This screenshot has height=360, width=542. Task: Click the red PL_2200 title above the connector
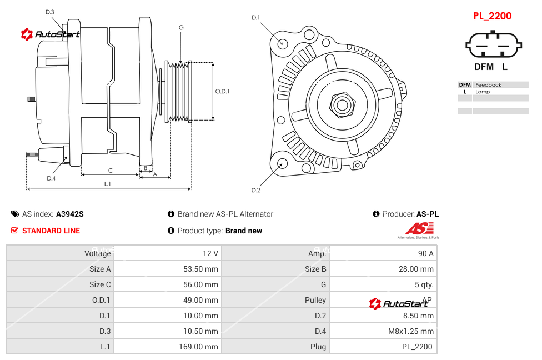(492, 16)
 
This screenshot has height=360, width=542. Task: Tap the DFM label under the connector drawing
(483, 67)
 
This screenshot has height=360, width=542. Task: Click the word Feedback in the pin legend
(488, 85)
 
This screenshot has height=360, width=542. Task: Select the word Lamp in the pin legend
(483, 92)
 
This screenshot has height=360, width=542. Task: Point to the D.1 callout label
(255, 18)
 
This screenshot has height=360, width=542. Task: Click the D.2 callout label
(255, 191)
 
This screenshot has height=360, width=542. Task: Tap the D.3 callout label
(49, 12)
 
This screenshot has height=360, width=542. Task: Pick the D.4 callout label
(51, 178)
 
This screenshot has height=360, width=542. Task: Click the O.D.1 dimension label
(222, 92)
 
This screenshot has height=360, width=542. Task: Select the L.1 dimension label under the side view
(107, 184)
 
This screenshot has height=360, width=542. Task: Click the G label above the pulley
(181, 27)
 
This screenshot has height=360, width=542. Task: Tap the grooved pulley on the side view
(179, 91)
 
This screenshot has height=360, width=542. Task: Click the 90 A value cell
(425, 253)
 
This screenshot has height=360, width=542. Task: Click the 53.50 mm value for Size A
(201, 269)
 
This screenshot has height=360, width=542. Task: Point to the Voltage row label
(97, 253)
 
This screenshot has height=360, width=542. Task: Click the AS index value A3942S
(70, 214)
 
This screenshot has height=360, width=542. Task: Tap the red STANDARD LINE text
(51, 231)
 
